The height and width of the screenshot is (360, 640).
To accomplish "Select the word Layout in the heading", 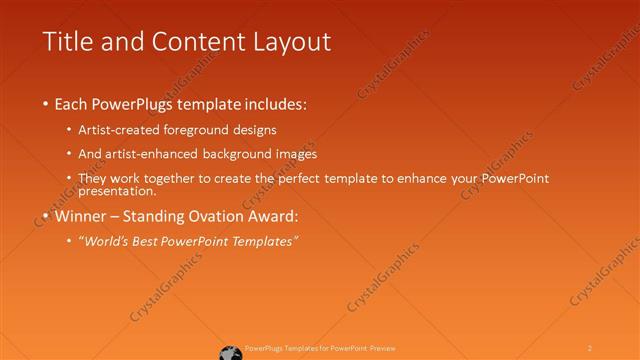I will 289,43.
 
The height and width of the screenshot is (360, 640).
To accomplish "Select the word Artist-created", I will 127,130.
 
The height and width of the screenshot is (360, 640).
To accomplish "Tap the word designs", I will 253,130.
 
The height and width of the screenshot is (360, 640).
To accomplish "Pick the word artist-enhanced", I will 156,154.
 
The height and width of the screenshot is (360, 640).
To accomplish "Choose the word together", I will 178,178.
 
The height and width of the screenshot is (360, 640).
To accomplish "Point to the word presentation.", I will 117,190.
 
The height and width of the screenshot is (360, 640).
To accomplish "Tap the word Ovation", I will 218,215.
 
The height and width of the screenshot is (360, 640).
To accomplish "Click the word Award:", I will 274,215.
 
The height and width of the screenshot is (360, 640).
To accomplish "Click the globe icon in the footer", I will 229,351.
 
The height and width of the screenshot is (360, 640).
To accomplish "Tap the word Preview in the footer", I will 383,347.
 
